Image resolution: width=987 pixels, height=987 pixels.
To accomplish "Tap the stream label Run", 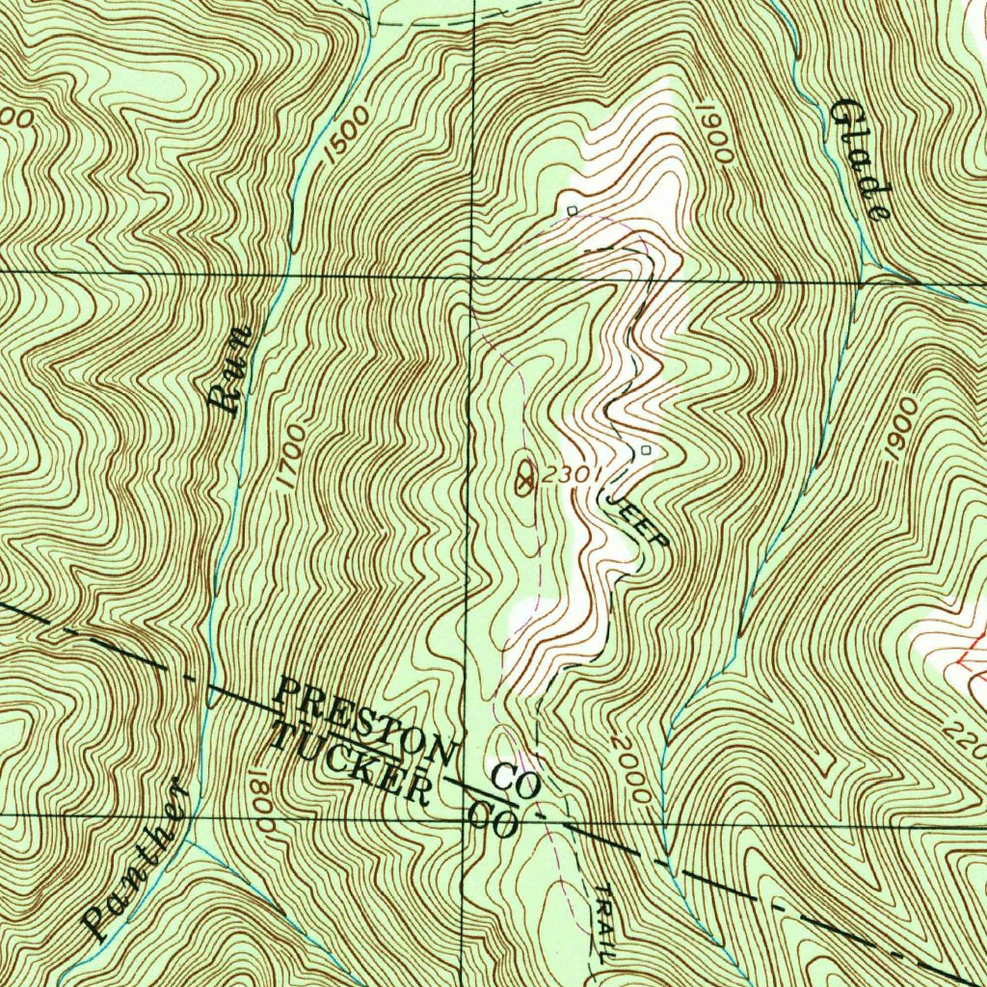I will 230,370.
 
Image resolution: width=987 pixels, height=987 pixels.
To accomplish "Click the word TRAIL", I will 603,923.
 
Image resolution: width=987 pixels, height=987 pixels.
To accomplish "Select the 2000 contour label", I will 628,771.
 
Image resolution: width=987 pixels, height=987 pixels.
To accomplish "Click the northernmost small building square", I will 572,209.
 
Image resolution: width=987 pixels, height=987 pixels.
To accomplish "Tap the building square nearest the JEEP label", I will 645,450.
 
